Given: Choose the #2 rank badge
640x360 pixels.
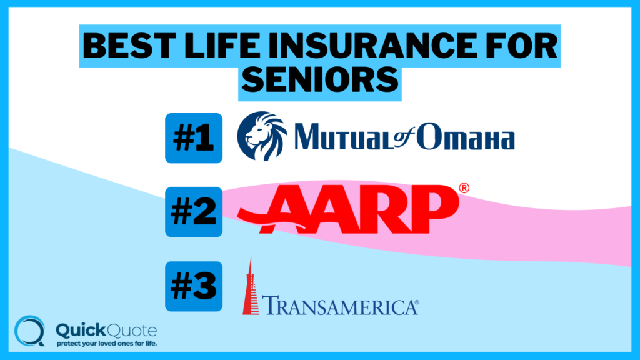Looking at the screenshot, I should pos(194,212).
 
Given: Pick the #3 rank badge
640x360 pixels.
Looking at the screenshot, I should pos(194,286).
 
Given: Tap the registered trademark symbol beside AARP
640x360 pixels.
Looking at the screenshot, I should pos(464,187).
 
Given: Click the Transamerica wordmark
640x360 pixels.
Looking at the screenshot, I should pos(337,306).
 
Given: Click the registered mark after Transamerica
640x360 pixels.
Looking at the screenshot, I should pos(416,304).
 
